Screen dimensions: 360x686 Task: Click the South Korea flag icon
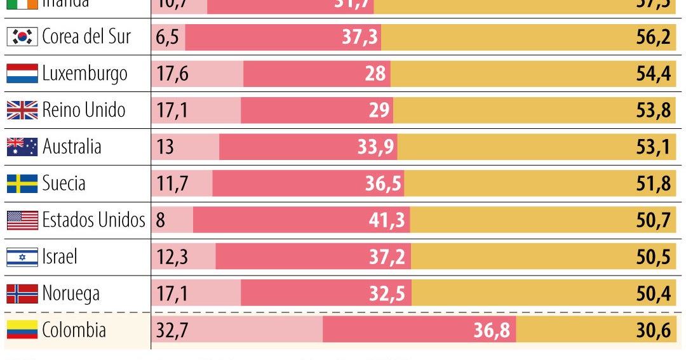[x=22, y=37]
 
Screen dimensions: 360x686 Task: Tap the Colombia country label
[x=74, y=330]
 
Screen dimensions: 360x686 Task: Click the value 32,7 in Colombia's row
[x=172, y=330]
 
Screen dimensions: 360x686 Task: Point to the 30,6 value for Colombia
[x=654, y=330]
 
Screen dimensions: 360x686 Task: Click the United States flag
[x=22, y=220]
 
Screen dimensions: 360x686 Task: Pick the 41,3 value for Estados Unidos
[x=387, y=220]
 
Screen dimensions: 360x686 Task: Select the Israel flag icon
[x=22, y=257]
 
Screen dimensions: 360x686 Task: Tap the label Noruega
[x=71, y=294]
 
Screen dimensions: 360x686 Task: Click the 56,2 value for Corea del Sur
[x=654, y=37]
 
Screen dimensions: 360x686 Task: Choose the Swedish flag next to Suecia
[x=22, y=184]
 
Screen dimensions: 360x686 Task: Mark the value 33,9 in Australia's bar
[x=376, y=147]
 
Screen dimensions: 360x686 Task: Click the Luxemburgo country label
[x=84, y=74]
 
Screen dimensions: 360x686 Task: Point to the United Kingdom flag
[x=22, y=110]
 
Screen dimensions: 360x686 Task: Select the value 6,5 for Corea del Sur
[x=167, y=37]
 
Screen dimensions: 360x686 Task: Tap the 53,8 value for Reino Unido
[x=654, y=110]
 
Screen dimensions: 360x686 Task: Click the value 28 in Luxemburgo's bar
[x=375, y=74]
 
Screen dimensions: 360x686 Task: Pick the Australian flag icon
[x=22, y=147]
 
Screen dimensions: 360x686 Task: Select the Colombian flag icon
[x=22, y=330]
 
